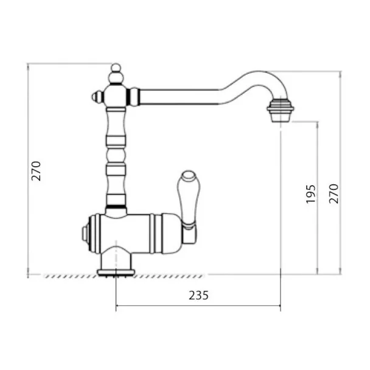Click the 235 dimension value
click(x=198, y=295)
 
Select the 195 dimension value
click(x=310, y=194)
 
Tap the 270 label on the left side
click(x=36, y=171)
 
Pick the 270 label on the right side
click(x=334, y=194)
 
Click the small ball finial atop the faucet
click(x=116, y=68)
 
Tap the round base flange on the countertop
click(x=116, y=273)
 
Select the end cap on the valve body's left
click(x=85, y=234)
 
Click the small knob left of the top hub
click(x=97, y=97)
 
